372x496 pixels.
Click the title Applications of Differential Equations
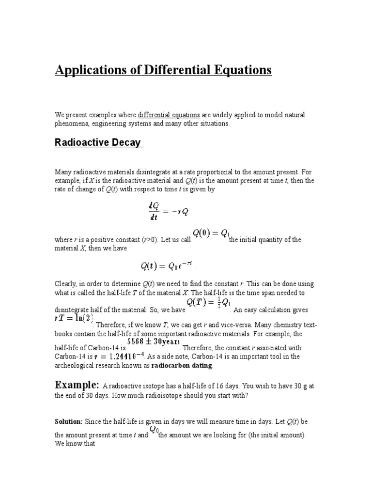click(163, 70)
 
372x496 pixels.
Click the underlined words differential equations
click(169, 115)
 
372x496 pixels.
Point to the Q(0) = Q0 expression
click(211, 233)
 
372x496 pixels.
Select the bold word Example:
click(77, 385)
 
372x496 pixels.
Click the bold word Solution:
click(68, 422)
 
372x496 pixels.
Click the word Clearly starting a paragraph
click(66, 283)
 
